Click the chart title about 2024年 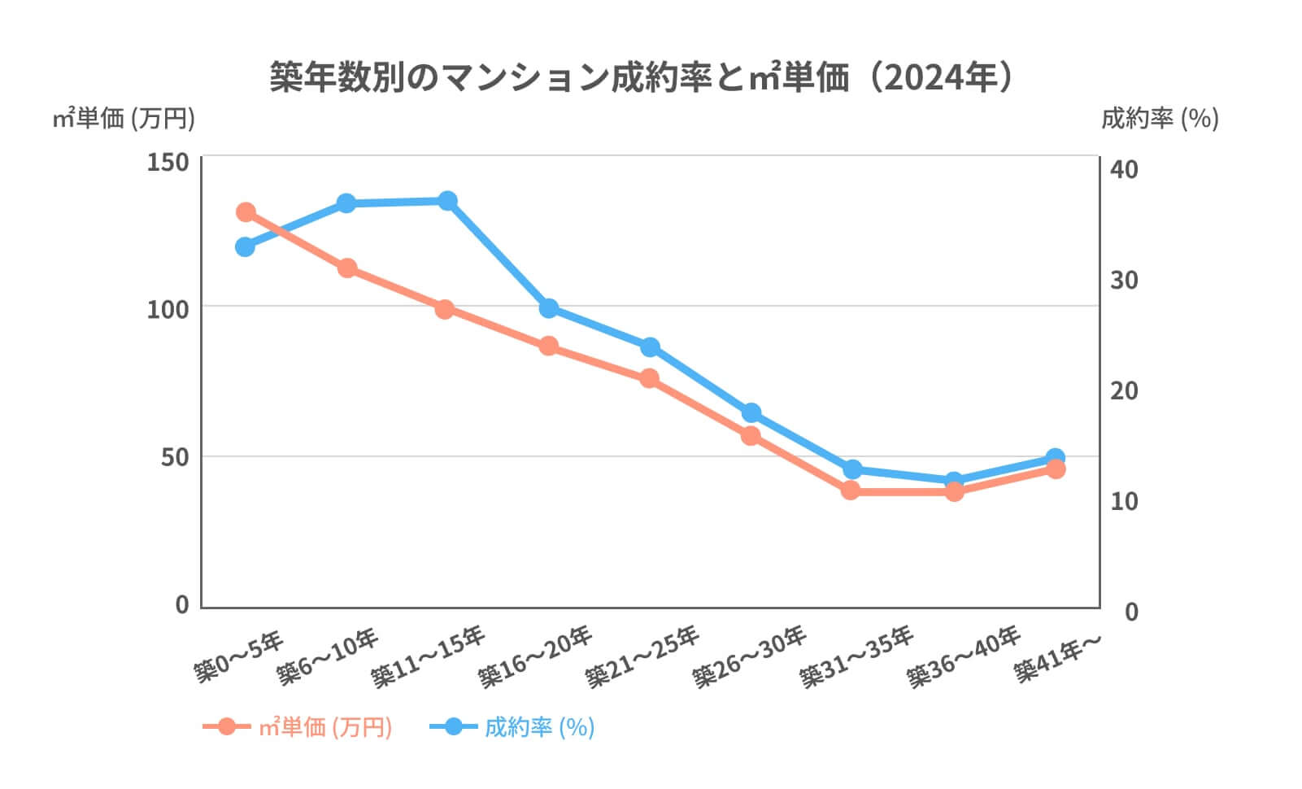coord(642,78)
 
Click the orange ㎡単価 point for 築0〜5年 coord(246,212)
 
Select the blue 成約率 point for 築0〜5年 coord(245,246)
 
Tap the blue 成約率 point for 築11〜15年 coord(447,201)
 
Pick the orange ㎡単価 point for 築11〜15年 coord(444,309)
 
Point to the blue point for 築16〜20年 coord(549,308)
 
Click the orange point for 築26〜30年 coord(751,436)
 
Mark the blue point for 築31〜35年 coord(852,469)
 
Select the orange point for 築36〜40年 coord(954,491)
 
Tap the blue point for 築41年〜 coord(1056,458)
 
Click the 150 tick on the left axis coord(168,162)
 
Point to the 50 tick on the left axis coord(173,457)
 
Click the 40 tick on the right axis coord(1125,169)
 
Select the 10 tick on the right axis coord(1124,501)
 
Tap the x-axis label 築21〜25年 coord(642,657)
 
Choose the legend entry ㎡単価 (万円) coord(325,726)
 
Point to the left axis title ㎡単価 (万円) coord(124,119)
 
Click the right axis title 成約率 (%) coord(1160,119)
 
